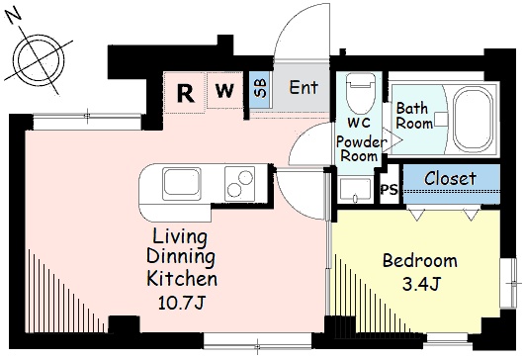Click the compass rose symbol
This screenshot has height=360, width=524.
click(40, 59)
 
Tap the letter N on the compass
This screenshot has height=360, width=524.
click(14, 17)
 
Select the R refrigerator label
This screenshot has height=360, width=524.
click(186, 93)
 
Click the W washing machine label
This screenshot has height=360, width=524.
click(224, 90)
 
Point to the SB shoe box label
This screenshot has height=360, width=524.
click(261, 88)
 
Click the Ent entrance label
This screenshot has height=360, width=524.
click(304, 87)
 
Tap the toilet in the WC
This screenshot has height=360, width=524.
click(359, 94)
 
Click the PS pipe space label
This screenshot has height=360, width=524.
click(390, 190)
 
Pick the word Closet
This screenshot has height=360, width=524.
click(450, 178)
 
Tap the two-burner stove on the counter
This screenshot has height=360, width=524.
click(239, 184)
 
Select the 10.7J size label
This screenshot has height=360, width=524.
click(181, 303)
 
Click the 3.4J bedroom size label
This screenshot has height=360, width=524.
click(420, 285)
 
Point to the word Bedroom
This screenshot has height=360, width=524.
click(420, 261)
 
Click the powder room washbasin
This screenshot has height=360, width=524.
click(355, 190)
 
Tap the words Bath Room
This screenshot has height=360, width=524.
click(414, 116)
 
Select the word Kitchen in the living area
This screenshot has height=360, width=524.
click(182, 279)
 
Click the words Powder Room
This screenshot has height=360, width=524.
click(360, 149)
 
